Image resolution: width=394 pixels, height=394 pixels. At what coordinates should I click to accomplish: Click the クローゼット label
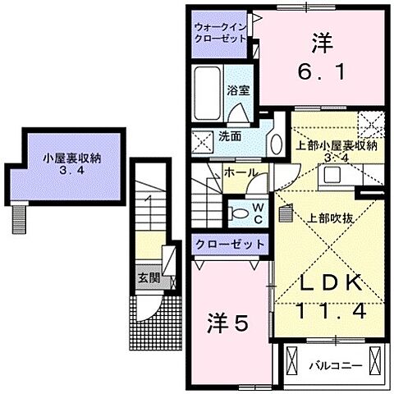click(230, 244)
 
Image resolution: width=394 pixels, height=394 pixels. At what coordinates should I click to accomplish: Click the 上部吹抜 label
click(327, 219)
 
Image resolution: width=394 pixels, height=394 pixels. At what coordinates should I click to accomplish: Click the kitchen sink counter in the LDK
click(336, 174)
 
